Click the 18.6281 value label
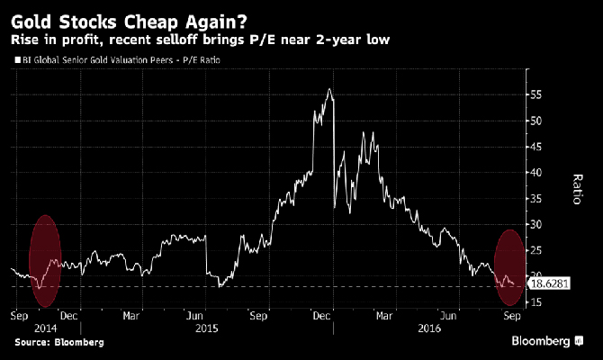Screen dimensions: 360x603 click(x=551, y=283)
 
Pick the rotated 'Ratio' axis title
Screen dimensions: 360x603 click(x=577, y=191)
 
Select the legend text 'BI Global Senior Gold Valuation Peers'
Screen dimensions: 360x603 click(x=98, y=60)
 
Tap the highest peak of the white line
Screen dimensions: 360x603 click(x=330, y=89)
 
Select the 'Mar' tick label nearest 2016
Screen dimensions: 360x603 click(x=385, y=318)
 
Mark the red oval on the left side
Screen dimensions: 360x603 click(x=46, y=255)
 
